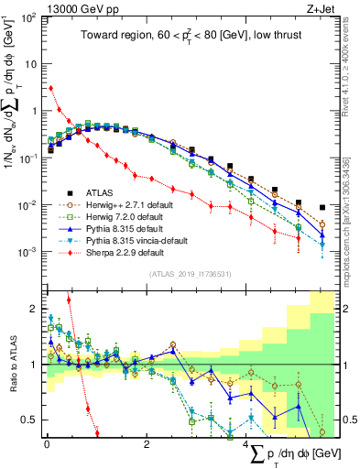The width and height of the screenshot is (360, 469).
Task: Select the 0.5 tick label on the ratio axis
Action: click(x=28, y=420)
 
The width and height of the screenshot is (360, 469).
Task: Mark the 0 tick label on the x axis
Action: click(x=46, y=445)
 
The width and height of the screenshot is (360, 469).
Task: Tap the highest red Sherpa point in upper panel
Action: click(x=50, y=88)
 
